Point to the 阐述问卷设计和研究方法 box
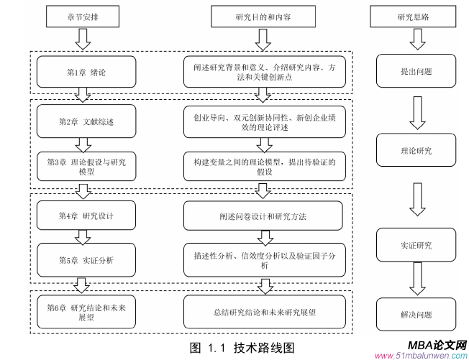tap(265, 216)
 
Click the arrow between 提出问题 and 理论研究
tap(415, 111)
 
